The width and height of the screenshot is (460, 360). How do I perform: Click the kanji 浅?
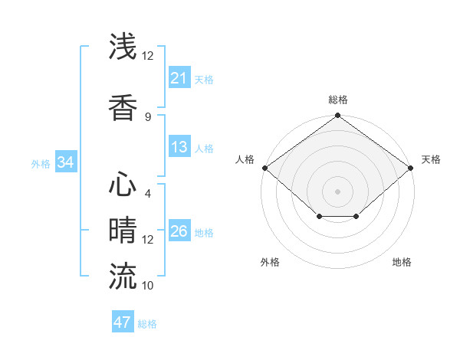coord(123,47)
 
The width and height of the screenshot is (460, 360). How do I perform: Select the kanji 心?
coord(123,185)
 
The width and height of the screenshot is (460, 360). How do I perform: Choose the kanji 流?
coord(123,276)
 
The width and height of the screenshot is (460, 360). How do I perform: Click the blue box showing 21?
coord(179,78)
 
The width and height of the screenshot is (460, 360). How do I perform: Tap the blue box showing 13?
coord(179,147)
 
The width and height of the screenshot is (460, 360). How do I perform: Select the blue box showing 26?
coord(179,231)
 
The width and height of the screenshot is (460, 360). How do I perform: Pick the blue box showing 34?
coord(65,162)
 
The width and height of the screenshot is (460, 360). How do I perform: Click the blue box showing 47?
coord(123,322)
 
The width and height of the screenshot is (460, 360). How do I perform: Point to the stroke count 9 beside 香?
coord(147,117)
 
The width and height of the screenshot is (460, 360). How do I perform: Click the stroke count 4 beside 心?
coord(147,194)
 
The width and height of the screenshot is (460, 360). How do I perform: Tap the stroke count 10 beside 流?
coord(147,286)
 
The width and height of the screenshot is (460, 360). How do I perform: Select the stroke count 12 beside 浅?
coord(147,56)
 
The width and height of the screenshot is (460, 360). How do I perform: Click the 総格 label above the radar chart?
coord(338,100)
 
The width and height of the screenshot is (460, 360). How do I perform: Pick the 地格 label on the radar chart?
coord(402,262)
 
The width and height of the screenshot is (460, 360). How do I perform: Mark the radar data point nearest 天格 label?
coord(412,168)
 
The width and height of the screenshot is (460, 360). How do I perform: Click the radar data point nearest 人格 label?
coord(264,168)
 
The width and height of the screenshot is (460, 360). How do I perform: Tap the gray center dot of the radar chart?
coord(338,191)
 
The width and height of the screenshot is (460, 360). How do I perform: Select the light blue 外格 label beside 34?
coord(41,163)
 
